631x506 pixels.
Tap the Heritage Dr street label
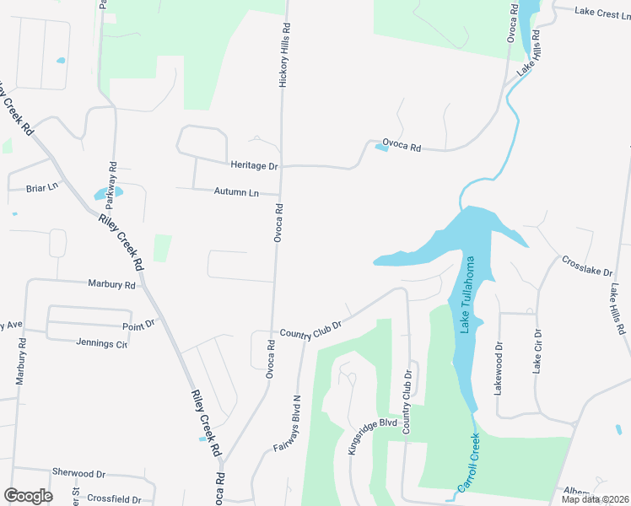point(254,166)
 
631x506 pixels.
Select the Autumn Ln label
point(236,192)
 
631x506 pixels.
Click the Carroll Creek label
point(468,463)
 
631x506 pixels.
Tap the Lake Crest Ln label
point(602,12)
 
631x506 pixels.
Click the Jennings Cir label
point(101,343)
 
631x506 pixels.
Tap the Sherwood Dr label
point(78,474)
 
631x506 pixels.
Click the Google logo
point(28,495)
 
